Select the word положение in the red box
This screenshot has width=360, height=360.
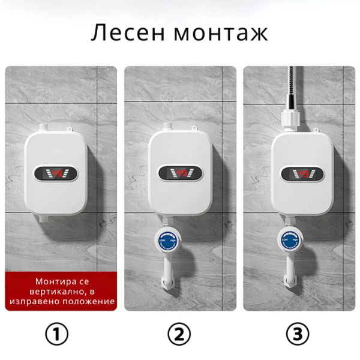point(88,301)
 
